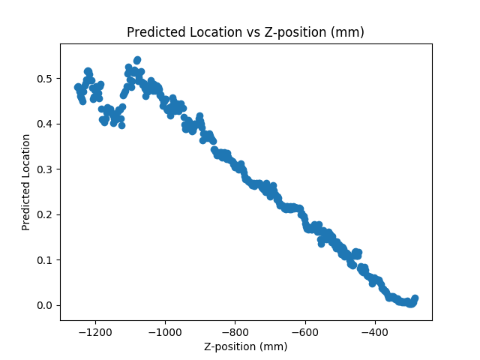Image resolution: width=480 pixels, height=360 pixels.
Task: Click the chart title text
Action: coord(245,32)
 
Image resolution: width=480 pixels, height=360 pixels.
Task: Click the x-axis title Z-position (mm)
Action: coord(245,346)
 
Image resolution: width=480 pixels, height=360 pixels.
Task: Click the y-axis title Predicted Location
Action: coord(26,181)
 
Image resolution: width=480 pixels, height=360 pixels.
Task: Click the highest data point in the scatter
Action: coord(137,59)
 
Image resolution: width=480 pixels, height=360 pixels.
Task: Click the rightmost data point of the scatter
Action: coord(415,298)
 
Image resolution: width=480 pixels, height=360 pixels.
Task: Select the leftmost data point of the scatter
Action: coord(77,87)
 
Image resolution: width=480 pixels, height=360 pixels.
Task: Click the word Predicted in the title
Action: coord(152,32)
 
